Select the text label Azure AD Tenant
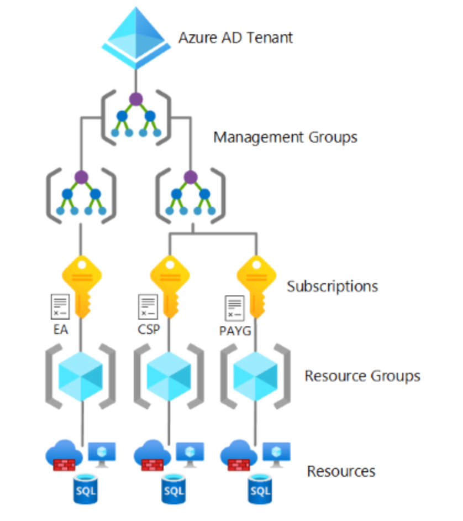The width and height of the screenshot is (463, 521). pyautogui.click(x=235, y=38)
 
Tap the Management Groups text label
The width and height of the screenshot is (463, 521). pyautogui.click(x=285, y=137)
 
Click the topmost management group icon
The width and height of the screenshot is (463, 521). pyautogui.click(x=135, y=116)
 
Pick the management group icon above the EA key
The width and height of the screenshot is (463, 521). pyautogui.click(x=81, y=194)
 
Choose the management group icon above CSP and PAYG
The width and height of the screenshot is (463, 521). pyautogui.click(x=191, y=194)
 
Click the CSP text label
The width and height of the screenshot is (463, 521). pyautogui.click(x=148, y=330)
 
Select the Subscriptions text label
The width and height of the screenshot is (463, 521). pyautogui.click(x=332, y=286)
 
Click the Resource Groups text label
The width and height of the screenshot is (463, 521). pyautogui.click(x=362, y=376)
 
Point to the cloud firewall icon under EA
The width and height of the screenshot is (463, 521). pyautogui.click(x=64, y=455)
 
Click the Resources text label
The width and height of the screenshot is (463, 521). pyautogui.click(x=341, y=471)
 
